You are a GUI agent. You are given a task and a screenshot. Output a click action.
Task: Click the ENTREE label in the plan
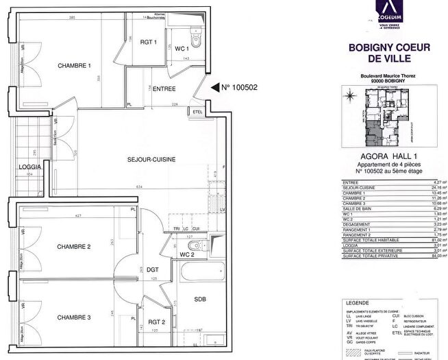pyautogui.click(x=164, y=88)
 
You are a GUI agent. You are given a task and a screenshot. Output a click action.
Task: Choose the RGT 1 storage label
pyautogui.click(x=149, y=43)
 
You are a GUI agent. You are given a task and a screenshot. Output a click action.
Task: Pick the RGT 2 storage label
pyautogui.click(x=156, y=322)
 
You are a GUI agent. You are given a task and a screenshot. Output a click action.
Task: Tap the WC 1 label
pyautogui.click(x=181, y=49)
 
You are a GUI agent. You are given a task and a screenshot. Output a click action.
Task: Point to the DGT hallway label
pyautogui.click(x=153, y=269)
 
